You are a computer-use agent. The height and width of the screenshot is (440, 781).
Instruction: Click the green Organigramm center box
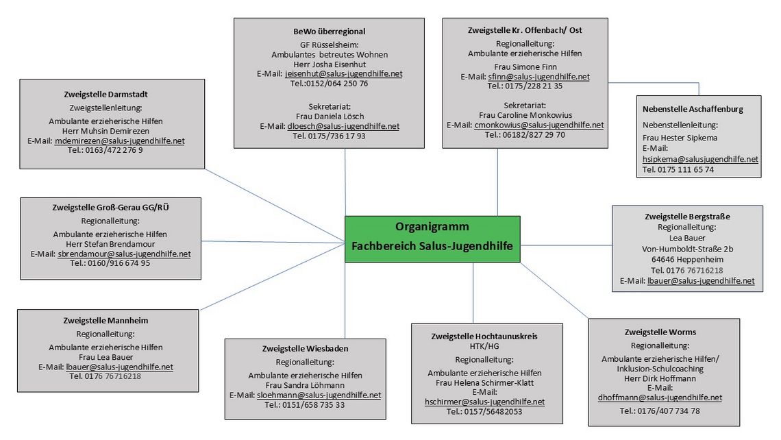tap(432, 239)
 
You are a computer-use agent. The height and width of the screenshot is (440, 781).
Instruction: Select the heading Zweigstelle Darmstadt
tap(106, 94)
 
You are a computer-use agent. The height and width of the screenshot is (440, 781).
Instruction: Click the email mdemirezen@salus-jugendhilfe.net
tap(119, 141)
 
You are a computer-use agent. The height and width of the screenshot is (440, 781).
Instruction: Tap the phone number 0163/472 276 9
tap(114, 150)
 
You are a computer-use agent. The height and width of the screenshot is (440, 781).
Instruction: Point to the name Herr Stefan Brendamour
tap(110, 244)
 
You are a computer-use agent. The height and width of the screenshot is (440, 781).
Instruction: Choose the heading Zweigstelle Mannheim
tap(106, 321)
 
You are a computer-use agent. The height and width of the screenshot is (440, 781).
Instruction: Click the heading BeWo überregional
tap(330, 32)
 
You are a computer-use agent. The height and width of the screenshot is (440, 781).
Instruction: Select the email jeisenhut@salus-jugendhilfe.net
tap(344, 74)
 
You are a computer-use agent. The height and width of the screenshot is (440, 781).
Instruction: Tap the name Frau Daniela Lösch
tap(330, 117)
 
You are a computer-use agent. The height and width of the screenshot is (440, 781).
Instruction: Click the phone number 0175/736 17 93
tap(336, 136)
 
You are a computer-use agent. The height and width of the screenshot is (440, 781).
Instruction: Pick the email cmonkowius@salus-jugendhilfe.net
tap(539, 125)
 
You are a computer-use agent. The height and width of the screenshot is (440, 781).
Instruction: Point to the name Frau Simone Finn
tap(525, 66)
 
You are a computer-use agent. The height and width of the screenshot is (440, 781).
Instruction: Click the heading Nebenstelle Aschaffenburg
tap(693, 109)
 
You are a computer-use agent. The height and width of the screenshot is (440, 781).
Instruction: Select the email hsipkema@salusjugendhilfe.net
tap(700, 160)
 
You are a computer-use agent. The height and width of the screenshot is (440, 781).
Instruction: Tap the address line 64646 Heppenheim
tap(687, 260)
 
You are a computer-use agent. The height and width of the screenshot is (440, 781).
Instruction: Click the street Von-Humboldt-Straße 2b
tap(687, 249)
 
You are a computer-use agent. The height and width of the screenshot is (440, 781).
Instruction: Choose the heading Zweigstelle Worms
tap(660, 332)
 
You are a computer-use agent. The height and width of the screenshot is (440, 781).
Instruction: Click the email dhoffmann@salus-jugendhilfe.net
tap(660, 398)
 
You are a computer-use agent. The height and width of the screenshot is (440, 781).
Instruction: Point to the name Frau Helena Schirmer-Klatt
tap(484, 382)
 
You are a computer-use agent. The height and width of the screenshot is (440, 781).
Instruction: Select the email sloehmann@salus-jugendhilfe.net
tap(319, 395)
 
